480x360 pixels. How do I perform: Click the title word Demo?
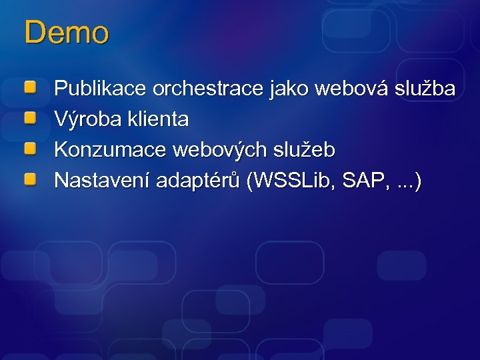click(x=66, y=33)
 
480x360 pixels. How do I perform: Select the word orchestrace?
click(x=208, y=89)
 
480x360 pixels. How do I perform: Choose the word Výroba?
click(x=83, y=120)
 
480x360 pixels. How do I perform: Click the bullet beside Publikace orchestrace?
click(x=30, y=87)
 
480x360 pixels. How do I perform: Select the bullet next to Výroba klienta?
click(x=30, y=118)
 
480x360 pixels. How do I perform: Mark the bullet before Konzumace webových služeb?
click(x=30, y=149)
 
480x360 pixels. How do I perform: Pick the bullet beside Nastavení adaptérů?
click(x=30, y=179)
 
